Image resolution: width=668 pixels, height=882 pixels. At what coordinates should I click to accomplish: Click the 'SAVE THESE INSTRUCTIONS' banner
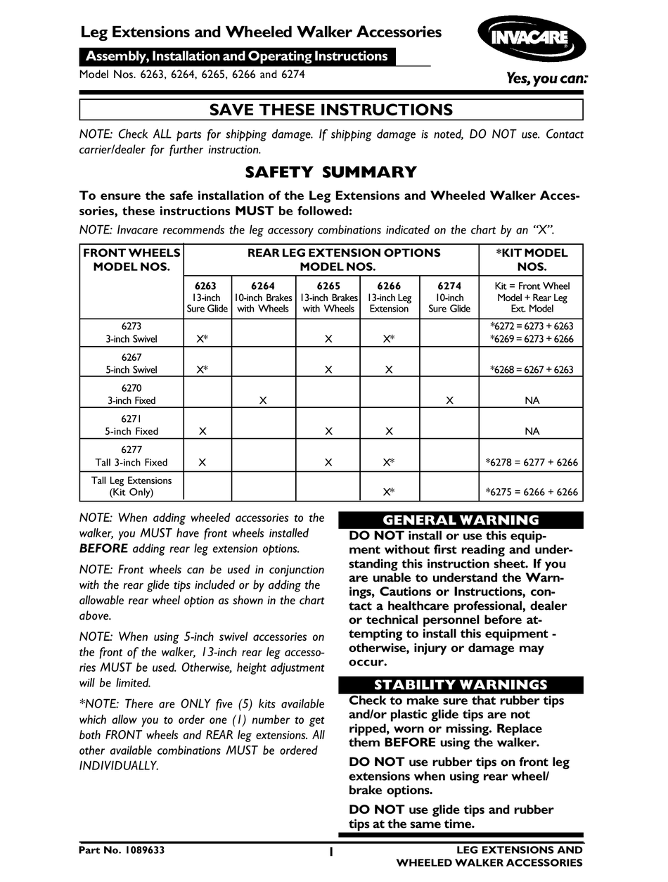coord(330,110)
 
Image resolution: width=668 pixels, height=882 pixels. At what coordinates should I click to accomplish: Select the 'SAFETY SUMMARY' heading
coord(330,172)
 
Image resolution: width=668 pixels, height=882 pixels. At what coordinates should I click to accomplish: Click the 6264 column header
coord(262,298)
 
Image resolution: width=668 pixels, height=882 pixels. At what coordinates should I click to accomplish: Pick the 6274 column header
coord(449,298)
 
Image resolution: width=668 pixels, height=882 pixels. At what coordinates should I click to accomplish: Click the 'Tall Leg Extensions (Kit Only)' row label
coord(131,486)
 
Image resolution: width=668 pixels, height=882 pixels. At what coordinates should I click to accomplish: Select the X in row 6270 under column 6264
coord(262,400)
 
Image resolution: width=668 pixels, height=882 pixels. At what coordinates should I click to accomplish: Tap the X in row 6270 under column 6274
coord(449,400)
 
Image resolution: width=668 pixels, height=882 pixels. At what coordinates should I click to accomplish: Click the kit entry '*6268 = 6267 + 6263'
coord(532,369)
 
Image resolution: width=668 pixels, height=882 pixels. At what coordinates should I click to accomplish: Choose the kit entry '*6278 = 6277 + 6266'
coord(532,462)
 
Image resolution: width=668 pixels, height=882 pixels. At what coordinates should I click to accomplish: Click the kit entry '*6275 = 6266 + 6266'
coord(532,492)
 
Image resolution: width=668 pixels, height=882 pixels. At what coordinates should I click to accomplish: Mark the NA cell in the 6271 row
coord(532,431)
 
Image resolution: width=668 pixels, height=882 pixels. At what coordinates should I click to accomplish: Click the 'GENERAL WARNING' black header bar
coord(461,520)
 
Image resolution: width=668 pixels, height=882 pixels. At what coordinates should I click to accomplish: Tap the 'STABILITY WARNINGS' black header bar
coord(461,685)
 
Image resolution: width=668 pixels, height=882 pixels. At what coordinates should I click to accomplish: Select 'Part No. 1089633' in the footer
coord(122,850)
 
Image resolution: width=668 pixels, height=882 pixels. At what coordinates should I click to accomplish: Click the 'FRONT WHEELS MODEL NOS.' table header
coord(131,260)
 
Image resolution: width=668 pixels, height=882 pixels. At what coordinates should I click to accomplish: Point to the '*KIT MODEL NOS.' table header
coord(532,260)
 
